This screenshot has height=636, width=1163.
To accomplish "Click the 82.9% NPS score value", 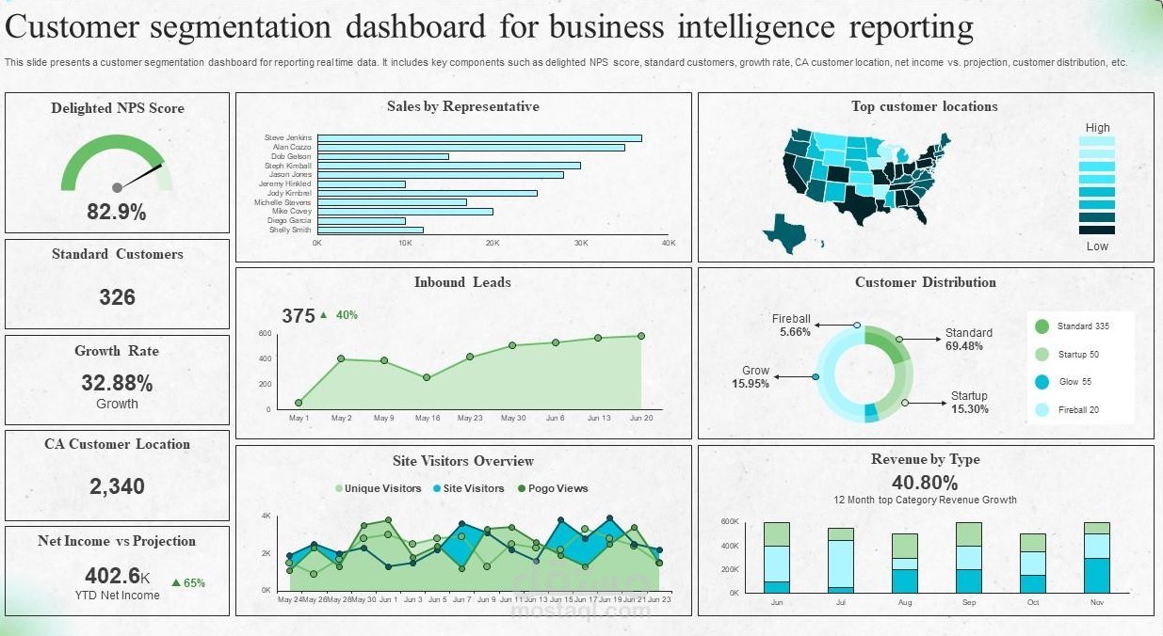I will click(x=117, y=212).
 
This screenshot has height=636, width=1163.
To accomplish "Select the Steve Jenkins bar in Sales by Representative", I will click(x=479, y=138).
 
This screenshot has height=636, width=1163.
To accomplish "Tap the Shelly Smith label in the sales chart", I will click(x=290, y=230).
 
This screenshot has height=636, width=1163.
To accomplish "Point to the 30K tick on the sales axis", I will click(x=580, y=243).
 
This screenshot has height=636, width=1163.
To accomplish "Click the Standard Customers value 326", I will click(x=117, y=297).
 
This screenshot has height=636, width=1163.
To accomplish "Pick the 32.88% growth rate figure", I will click(x=117, y=383).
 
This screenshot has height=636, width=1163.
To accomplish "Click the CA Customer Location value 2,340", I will click(x=117, y=486).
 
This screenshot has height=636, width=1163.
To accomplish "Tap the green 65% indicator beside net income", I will click(x=188, y=582).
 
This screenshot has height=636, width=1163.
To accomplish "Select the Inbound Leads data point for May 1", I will click(x=299, y=403).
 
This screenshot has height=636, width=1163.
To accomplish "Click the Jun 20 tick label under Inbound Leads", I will click(x=640, y=418).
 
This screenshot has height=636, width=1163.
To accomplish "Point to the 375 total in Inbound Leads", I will click(x=299, y=316).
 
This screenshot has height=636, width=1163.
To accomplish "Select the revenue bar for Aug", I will click(x=904, y=564).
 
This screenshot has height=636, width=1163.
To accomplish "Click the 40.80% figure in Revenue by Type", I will click(x=925, y=483).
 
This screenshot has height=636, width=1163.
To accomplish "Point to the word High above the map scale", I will click(x=1097, y=128).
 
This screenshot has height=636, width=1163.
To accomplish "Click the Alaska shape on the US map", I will click(x=784, y=231).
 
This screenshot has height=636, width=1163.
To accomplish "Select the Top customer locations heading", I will click(x=924, y=106).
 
